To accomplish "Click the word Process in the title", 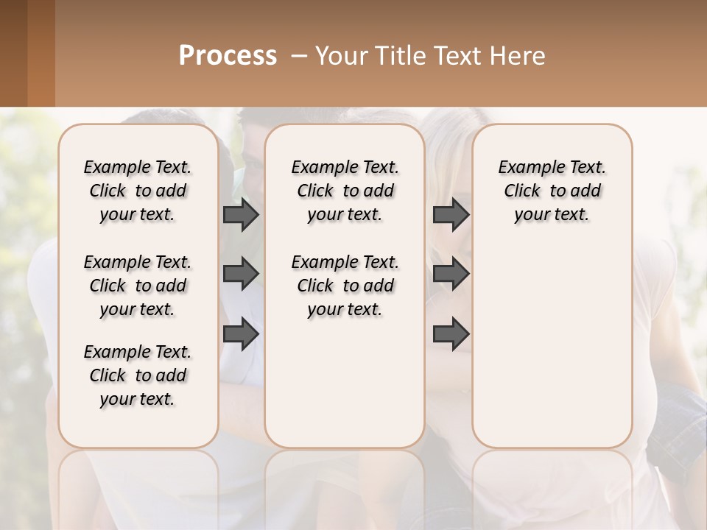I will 228,56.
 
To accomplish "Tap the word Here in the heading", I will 518,56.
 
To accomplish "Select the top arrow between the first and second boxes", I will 241,214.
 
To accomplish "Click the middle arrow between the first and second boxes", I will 241,274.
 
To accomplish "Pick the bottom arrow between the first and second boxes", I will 241,334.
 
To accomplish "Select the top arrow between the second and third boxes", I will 451,214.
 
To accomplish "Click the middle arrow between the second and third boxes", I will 451,274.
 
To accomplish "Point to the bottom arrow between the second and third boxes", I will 451,334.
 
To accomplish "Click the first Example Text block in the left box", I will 138,191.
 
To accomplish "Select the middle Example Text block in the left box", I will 138,286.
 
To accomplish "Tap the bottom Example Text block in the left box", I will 138,375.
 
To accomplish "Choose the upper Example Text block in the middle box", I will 345,191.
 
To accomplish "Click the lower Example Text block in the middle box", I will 345,286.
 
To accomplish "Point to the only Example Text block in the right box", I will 552,191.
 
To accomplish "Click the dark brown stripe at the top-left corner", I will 13,53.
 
